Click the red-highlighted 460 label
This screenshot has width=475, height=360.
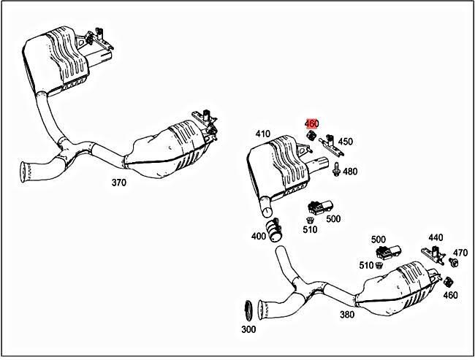[311, 124]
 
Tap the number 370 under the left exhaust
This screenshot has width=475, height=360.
[118, 183]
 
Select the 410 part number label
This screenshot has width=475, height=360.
[263, 134]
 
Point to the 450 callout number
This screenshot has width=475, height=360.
[346, 142]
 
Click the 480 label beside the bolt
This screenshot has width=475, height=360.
[350, 172]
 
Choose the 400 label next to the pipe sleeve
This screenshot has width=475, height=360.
[258, 237]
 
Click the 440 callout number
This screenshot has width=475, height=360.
[436, 238]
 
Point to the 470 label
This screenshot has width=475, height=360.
[460, 253]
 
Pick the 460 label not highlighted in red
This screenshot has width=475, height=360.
[450, 295]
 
